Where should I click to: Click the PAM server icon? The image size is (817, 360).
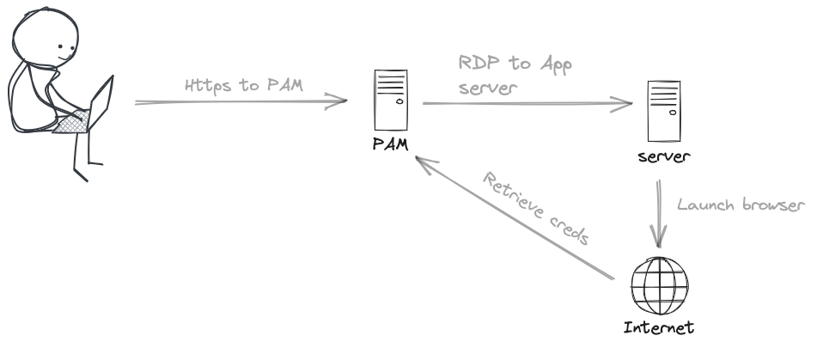(391, 100)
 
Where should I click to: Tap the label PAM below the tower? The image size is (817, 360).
(391, 144)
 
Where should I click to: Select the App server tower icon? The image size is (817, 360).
(664, 111)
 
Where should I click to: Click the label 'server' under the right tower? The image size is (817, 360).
(664, 157)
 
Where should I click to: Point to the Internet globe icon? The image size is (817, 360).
(660, 285)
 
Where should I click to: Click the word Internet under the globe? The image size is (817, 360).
(659, 327)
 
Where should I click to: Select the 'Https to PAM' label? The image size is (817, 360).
(244, 85)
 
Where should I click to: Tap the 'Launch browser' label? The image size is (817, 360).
(741, 204)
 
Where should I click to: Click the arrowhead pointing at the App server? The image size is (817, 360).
(622, 104)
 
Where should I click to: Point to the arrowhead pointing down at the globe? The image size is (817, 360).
(659, 236)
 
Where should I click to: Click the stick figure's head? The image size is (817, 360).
(46, 37)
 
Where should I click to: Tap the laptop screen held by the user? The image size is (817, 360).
(102, 101)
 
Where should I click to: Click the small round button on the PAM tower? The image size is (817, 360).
(399, 101)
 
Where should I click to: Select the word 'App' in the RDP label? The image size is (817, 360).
(557, 65)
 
